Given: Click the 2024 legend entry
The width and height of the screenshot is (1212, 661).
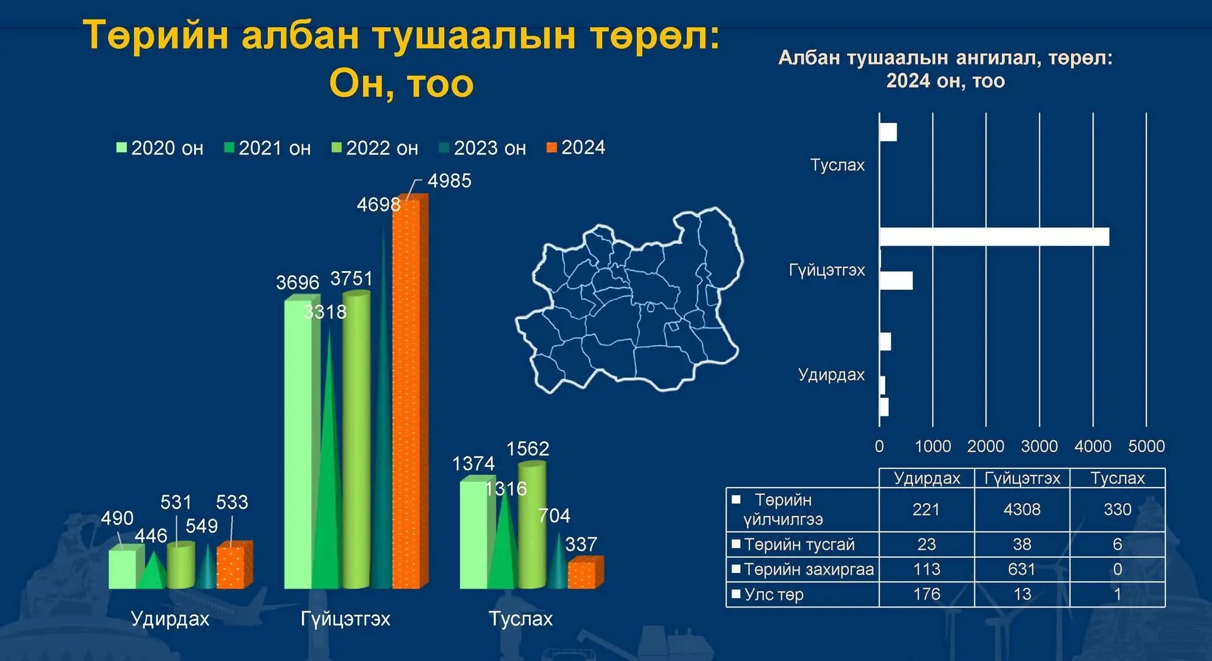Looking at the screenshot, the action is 576,147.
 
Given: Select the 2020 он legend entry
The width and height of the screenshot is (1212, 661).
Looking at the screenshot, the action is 160,148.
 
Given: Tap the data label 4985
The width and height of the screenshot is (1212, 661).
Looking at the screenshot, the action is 449,180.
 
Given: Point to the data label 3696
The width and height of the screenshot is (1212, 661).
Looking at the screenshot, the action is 297,282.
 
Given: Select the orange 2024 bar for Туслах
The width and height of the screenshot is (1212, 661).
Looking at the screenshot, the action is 585,572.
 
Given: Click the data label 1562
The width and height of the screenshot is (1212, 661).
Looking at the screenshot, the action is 527,449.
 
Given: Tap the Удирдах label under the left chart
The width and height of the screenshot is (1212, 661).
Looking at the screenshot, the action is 170,618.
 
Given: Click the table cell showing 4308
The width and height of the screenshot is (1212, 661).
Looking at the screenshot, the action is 1022,510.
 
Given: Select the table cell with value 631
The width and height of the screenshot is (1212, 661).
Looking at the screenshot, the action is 1022,569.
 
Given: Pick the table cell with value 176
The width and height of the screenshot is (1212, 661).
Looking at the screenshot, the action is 927,594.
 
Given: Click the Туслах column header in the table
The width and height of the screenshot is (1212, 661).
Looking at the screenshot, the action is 1117,478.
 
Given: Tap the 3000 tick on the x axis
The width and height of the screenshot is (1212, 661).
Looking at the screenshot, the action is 1039,446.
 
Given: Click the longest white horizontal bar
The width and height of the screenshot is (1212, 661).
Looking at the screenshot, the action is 994,237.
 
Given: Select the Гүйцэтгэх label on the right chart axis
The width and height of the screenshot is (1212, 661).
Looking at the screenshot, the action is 827,270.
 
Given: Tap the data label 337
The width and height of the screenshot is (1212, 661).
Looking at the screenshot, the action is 581,544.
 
